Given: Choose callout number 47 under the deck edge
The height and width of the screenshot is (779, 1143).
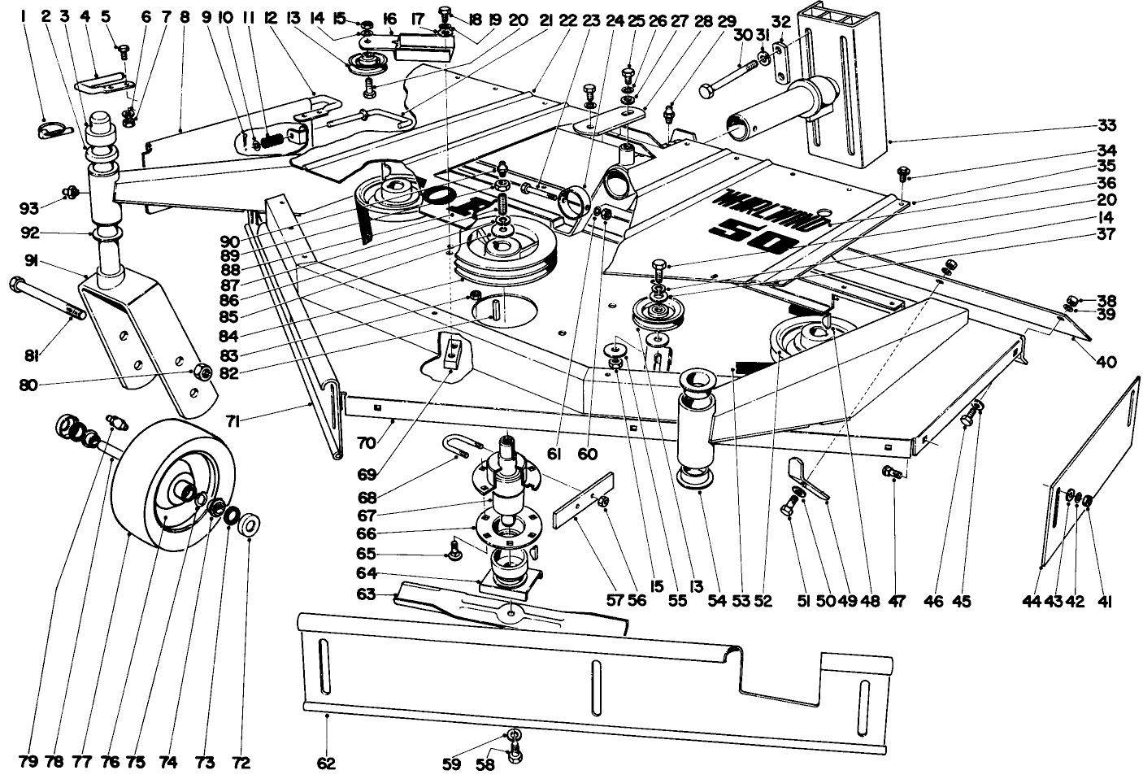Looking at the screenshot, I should point(894,602).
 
